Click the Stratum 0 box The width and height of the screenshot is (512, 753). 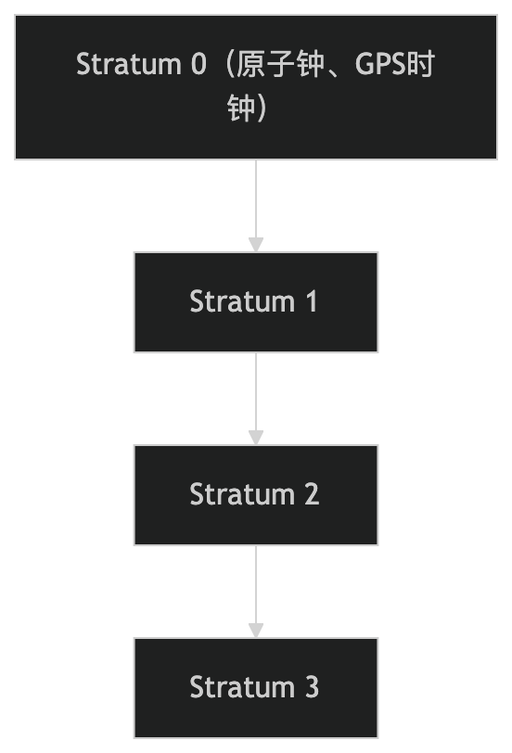tap(256, 87)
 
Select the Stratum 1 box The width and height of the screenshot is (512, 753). tap(256, 302)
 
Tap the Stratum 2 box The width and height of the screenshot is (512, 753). tap(256, 495)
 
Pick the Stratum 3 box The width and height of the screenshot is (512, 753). tap(256, 688)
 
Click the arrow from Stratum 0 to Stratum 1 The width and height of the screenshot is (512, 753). tap(256, 206)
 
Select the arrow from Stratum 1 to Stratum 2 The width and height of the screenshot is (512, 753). tap(256, 399)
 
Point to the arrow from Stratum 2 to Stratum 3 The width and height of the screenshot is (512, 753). tap(256, 592)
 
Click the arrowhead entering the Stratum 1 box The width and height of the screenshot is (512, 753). tap(256, 245)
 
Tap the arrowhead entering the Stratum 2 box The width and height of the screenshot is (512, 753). tap(256, 438)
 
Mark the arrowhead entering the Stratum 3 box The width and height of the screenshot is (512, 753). tap(256, 631)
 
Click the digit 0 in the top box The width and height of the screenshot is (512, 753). tap(198, 64)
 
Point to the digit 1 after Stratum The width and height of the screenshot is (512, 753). tap(312, 301)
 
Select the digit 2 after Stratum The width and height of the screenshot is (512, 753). tap(312, 494)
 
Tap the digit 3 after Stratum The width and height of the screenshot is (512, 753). tap(312, 687)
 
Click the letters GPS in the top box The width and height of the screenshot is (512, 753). tap(380, 64)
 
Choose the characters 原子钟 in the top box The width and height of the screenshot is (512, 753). tap(280, 64)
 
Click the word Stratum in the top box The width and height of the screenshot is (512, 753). tap(128, 64)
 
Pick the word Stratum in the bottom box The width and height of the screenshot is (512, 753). tap(242, 687)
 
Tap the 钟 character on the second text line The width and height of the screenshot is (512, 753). tap(240, 108)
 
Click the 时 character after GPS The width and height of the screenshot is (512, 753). tap(421, 64)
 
